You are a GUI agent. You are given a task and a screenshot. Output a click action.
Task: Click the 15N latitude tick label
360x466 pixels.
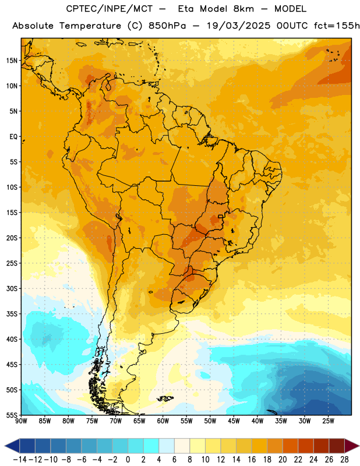coord(12,61)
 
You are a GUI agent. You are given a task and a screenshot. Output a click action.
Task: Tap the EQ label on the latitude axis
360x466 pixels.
coord(13,137)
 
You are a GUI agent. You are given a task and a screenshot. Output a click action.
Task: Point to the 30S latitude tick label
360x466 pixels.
coord(12,288)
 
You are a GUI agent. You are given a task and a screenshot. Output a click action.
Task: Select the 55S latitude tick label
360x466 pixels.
coord(12,415)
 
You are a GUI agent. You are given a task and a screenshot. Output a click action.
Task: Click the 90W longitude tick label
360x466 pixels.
coord(22,421)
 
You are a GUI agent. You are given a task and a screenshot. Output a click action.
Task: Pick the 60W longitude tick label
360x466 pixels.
coord(163,421)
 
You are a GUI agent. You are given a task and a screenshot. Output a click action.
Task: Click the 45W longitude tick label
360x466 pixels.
coord(234,421)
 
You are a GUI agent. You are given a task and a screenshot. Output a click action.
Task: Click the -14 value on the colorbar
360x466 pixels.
coord(20,460)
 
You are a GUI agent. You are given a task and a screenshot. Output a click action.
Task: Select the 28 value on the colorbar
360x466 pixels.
coord(344,460)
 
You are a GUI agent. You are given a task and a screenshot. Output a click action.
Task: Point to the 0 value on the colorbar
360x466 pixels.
coord(128,460)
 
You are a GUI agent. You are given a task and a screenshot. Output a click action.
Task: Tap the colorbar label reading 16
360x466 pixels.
coord(252,460)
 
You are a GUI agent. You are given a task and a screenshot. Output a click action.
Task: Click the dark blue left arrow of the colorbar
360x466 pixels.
coord(12,446)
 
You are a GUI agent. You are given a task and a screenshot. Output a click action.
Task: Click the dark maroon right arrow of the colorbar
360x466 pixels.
coord(352,446)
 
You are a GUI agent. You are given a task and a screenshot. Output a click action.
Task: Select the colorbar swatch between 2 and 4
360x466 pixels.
coord(151,446)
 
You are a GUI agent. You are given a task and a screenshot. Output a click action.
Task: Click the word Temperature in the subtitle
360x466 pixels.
coord(90,26)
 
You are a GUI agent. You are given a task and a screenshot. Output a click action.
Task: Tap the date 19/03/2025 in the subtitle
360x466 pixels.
coord(239,26)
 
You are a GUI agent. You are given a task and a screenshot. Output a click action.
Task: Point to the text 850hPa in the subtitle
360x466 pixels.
coord(167,26)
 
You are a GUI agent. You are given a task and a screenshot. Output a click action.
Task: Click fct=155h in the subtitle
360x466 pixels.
coord(337,26)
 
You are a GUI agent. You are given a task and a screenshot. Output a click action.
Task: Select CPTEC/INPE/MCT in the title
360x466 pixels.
coord(109,9)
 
